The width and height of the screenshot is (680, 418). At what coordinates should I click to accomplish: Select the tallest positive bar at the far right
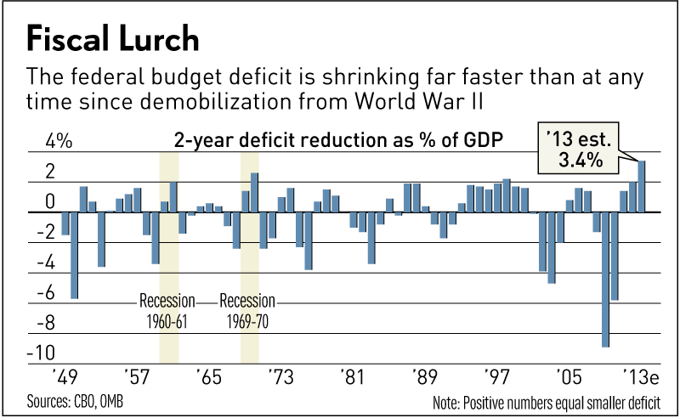(642, 186)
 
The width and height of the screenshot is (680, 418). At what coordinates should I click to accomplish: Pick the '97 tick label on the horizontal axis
(496, 375)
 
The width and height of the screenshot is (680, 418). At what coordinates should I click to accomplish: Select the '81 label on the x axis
(352, 375)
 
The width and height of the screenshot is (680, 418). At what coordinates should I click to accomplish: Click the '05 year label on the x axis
(566, 375)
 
